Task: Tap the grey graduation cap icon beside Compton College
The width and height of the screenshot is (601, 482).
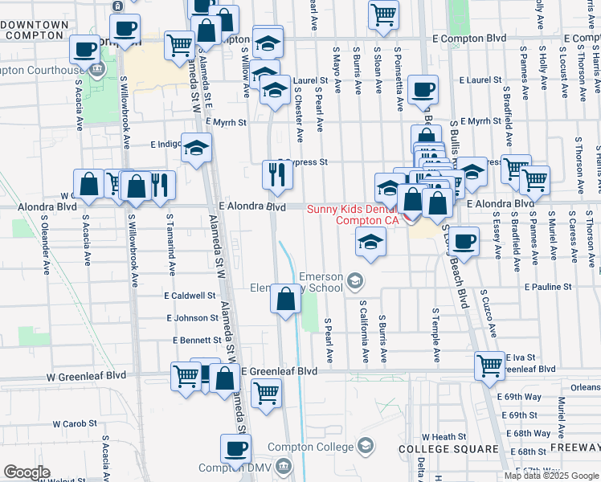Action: [x=366, y=446]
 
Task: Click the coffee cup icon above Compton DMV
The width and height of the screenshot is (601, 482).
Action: [x=235, y=448]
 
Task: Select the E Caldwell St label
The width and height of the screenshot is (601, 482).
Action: [x=190, y=296]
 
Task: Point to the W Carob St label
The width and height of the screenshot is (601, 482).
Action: [x=75, y=423]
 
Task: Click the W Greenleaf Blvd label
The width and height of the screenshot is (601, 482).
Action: [x=86, y=375]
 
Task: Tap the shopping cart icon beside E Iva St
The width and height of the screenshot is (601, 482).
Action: [x=489, y=366]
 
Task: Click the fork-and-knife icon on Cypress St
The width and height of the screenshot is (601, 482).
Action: [x=276, y=174]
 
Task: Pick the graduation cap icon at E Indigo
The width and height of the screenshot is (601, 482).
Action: [x=195, y=148]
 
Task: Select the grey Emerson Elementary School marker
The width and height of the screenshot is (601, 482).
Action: [x=354, y=280]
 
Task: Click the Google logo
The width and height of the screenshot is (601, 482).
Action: [x=27, y=472]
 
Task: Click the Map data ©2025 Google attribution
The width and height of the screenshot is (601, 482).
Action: [x=551, y=476]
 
